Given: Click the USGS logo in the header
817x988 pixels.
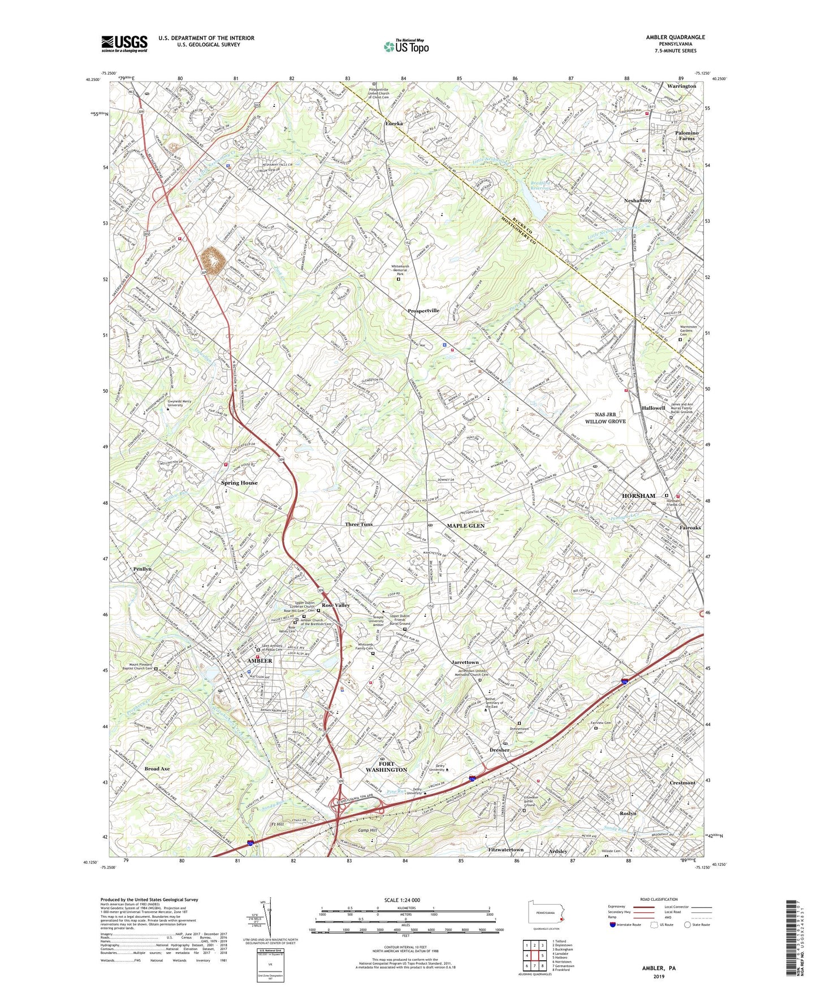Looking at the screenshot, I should pyautogui.click(x=124, y=43).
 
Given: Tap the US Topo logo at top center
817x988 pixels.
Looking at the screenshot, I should pyautogui.click(x=406, y=46).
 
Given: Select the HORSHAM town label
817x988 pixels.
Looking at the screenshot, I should pyautogui.click(x=638, y=496).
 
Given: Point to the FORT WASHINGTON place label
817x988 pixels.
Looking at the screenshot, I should pyautogui.click(x=386, y=766).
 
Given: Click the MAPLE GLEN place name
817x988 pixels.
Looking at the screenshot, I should pyautogui.click(x=466, y=526).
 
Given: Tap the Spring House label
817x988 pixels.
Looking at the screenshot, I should pyautogui.click(x=239, y=483).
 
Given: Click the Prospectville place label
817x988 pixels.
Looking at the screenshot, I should pyautogui.click(x=423, y=311).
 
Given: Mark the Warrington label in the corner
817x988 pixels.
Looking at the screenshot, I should pyautogui.click(x=681, y=86).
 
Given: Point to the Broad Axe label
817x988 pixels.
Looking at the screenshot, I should pyautogui.click(x=157, y=768).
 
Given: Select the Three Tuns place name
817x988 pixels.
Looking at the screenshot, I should pyautogui.click(x=359, y=525).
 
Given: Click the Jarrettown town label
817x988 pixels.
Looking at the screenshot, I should pyautogui.click(x=465, y=662).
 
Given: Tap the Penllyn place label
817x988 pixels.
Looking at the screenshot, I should pyautogui.click(x=142, y=569).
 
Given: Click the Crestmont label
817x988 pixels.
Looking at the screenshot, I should pyautogui.click(x=682, y=783).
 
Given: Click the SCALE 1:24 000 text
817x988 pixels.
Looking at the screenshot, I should pyautogui.click(x=402, y=900).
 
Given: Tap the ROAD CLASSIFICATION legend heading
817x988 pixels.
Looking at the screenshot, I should pyautogui.click(x=659, y=899).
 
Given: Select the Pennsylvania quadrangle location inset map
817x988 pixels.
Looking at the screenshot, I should pyautogui.click(x=547, y=912).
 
